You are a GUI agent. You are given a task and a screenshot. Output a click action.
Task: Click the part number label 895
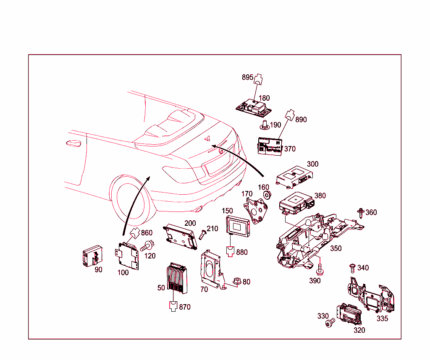coord(248,77)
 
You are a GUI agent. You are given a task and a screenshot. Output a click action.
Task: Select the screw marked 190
coord(265,123)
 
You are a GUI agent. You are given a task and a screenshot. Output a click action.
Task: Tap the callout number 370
coord(290,149)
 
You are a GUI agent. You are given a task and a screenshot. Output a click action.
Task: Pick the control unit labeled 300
coord(294,175)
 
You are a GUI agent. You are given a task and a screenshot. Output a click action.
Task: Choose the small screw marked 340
coord(352,268)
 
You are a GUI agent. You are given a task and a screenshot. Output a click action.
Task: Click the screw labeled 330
coord(330,322)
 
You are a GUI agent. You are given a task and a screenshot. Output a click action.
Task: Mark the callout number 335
coord(382,318)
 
